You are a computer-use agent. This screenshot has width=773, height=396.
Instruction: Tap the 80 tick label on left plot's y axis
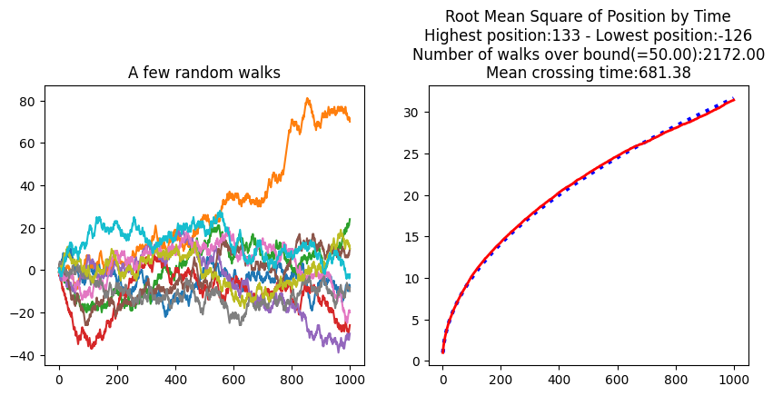tap(26, 102)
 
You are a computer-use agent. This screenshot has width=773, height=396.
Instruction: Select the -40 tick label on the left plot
tap(22, 354)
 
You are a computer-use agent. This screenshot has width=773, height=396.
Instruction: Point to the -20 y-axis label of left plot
tap(22, 312)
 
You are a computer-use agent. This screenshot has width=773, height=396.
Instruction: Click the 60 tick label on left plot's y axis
tap(26, 144)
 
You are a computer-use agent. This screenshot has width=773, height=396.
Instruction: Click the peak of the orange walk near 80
tap(308, 99)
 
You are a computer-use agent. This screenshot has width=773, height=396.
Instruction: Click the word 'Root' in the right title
tap(464, 16)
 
